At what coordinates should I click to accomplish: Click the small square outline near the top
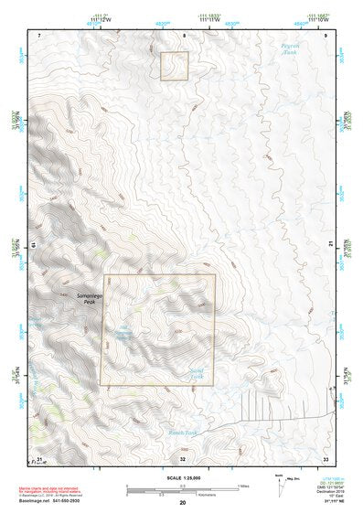tap(175, 66)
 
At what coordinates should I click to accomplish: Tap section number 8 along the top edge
tap(183, 35)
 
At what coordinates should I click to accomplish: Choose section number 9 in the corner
tap(326, 35)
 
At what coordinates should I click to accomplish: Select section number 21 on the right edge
tap(327, 245)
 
